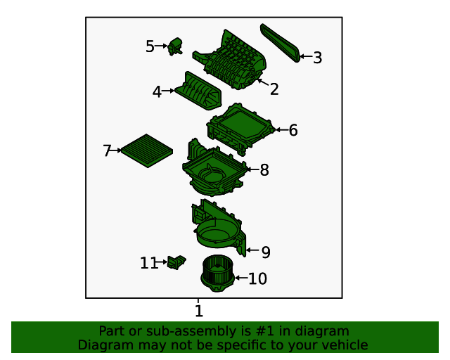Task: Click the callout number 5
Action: tap(150, 46)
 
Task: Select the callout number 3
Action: tap(317, 58)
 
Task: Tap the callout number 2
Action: tap(274, 89)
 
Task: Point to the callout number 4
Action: tap(157, 92)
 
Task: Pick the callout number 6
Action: tap(293, 130)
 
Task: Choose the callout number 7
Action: tap(107, 150)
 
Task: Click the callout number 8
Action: tap(264, 170)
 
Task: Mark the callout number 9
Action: tap(266, 252)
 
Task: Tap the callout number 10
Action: tap(257, 278)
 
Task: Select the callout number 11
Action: tap(149, 263)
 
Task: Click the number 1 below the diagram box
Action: tap(199, 311)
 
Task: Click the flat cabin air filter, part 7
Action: tap(147, 150)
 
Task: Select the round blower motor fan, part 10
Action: tap(217, 274)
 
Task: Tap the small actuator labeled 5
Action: tap(175, 46)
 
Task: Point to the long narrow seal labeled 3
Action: tap(281, 42)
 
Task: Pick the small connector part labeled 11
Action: tap(176, 262)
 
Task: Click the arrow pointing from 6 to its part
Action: tap(282, 130)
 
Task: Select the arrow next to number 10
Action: tap(241, 278)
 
